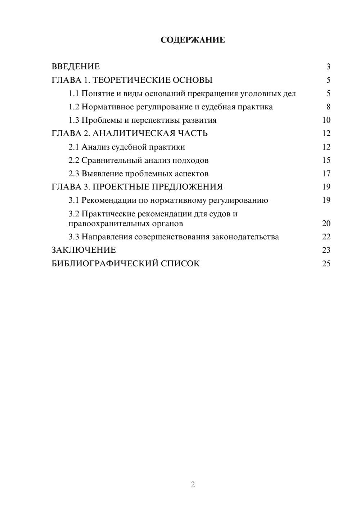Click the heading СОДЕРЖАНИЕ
coord(193,40)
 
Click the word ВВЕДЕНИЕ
coord(76,67)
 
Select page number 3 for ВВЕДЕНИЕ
coord(328,67)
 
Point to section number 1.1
coord(73,94)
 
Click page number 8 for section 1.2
coord(328,107)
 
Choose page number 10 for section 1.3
coord(326,120)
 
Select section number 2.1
coord(73,147)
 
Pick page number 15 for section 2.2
coord(326,160)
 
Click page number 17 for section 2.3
coord(326,174)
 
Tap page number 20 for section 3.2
coord(326,224)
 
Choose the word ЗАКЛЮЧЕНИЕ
coord(84,250)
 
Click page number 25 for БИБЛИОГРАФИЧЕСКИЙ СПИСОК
coord(326,263)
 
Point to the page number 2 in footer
coord(193,485)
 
